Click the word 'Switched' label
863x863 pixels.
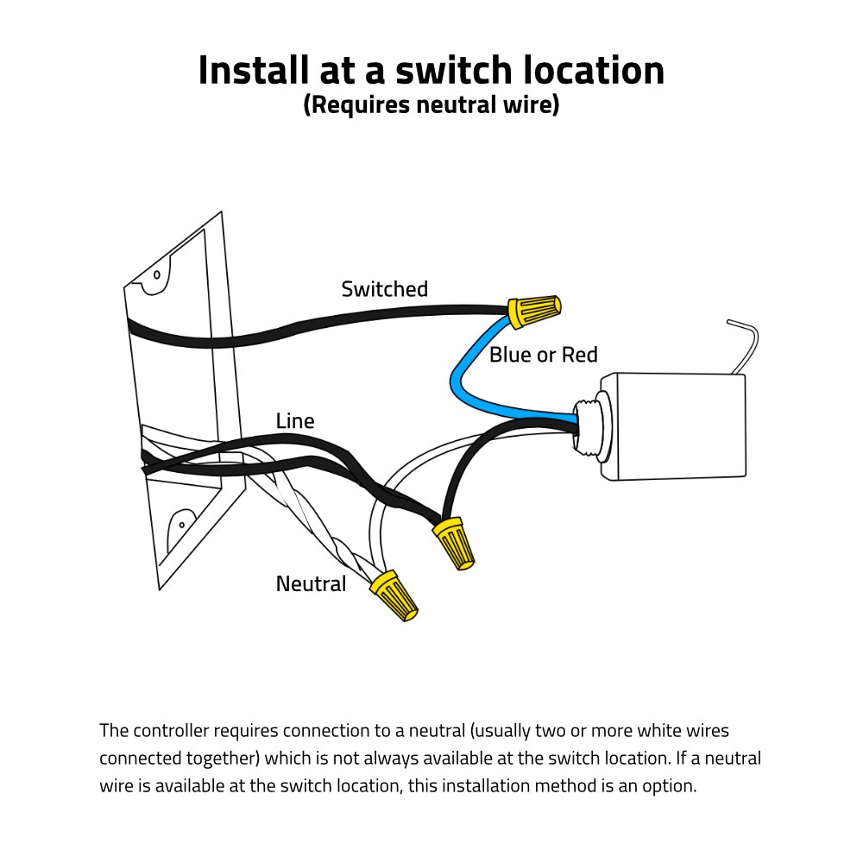384,289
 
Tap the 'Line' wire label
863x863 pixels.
295,421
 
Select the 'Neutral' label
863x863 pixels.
311,584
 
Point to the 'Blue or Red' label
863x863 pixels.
543,355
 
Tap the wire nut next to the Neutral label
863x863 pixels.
396,595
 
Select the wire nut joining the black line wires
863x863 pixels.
455,542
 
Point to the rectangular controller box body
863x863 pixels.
673,427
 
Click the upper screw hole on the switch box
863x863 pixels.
157,276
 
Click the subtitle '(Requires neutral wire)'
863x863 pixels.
431,105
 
